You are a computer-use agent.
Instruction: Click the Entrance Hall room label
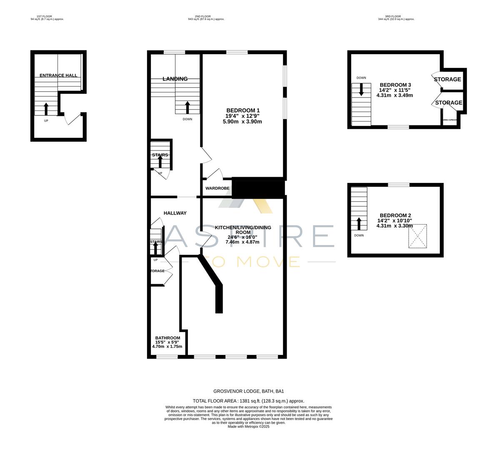[x=58, y=75]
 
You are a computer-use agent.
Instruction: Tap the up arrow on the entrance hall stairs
[x=46, y=109]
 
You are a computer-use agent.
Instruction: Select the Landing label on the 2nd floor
[x=175, y=79]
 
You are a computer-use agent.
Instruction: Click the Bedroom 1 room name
[x=243, y=110]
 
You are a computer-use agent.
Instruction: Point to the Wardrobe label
[x=217, y=188]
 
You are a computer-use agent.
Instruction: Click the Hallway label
[x=175, y=213]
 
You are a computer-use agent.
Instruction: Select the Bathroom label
[x=167, y=338]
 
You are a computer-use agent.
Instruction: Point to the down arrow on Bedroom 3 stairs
[x=361, y=89]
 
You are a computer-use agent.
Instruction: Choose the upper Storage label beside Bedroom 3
[x=447, y=79]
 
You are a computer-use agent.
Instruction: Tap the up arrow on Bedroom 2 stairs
[x=359, y=223]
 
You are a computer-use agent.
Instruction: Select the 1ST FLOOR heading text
[x=47, y=16]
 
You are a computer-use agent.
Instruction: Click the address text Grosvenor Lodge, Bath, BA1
[x=248, y=391]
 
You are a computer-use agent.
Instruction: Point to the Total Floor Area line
[x=248, y=401]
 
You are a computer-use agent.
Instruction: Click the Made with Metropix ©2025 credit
[x=248, y=426]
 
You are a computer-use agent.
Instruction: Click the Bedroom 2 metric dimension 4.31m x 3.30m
[x=395, y=226]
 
